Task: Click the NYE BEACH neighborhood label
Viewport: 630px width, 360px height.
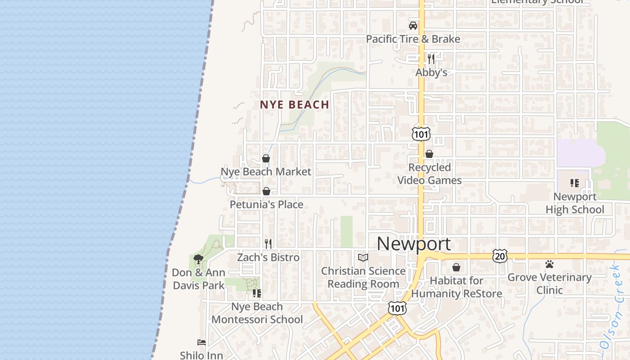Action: [294, 105]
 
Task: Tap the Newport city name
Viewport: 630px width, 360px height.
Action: [414, 244]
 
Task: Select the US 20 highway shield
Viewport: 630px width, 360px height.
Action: [499, 256]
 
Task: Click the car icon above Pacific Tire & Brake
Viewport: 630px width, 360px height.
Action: [413, 26]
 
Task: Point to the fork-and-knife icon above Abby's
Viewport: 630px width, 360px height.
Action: [431, 58]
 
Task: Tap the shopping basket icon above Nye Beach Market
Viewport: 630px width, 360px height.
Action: [266, 158]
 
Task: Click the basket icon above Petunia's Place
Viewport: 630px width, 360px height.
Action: [266, 191]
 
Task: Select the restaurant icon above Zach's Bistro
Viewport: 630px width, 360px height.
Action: [268, 244]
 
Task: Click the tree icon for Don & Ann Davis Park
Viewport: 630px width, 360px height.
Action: [198, 259]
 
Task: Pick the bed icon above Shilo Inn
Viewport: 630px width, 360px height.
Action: [202, 342]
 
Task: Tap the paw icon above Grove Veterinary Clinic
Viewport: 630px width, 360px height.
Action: [549, 264]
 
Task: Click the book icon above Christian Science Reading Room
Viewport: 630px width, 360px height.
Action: [363, 257]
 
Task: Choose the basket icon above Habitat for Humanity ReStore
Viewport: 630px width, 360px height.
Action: [456, 267]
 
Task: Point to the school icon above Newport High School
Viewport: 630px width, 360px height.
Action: [575, 183]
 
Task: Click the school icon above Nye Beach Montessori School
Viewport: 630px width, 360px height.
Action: [257, 293]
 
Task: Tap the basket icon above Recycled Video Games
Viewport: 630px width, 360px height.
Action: [429, 154]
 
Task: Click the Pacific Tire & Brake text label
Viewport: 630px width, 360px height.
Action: [413, 39]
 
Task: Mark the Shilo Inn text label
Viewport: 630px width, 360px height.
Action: [202, 355]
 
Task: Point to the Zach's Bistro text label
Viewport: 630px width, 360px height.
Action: [268, 257]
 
